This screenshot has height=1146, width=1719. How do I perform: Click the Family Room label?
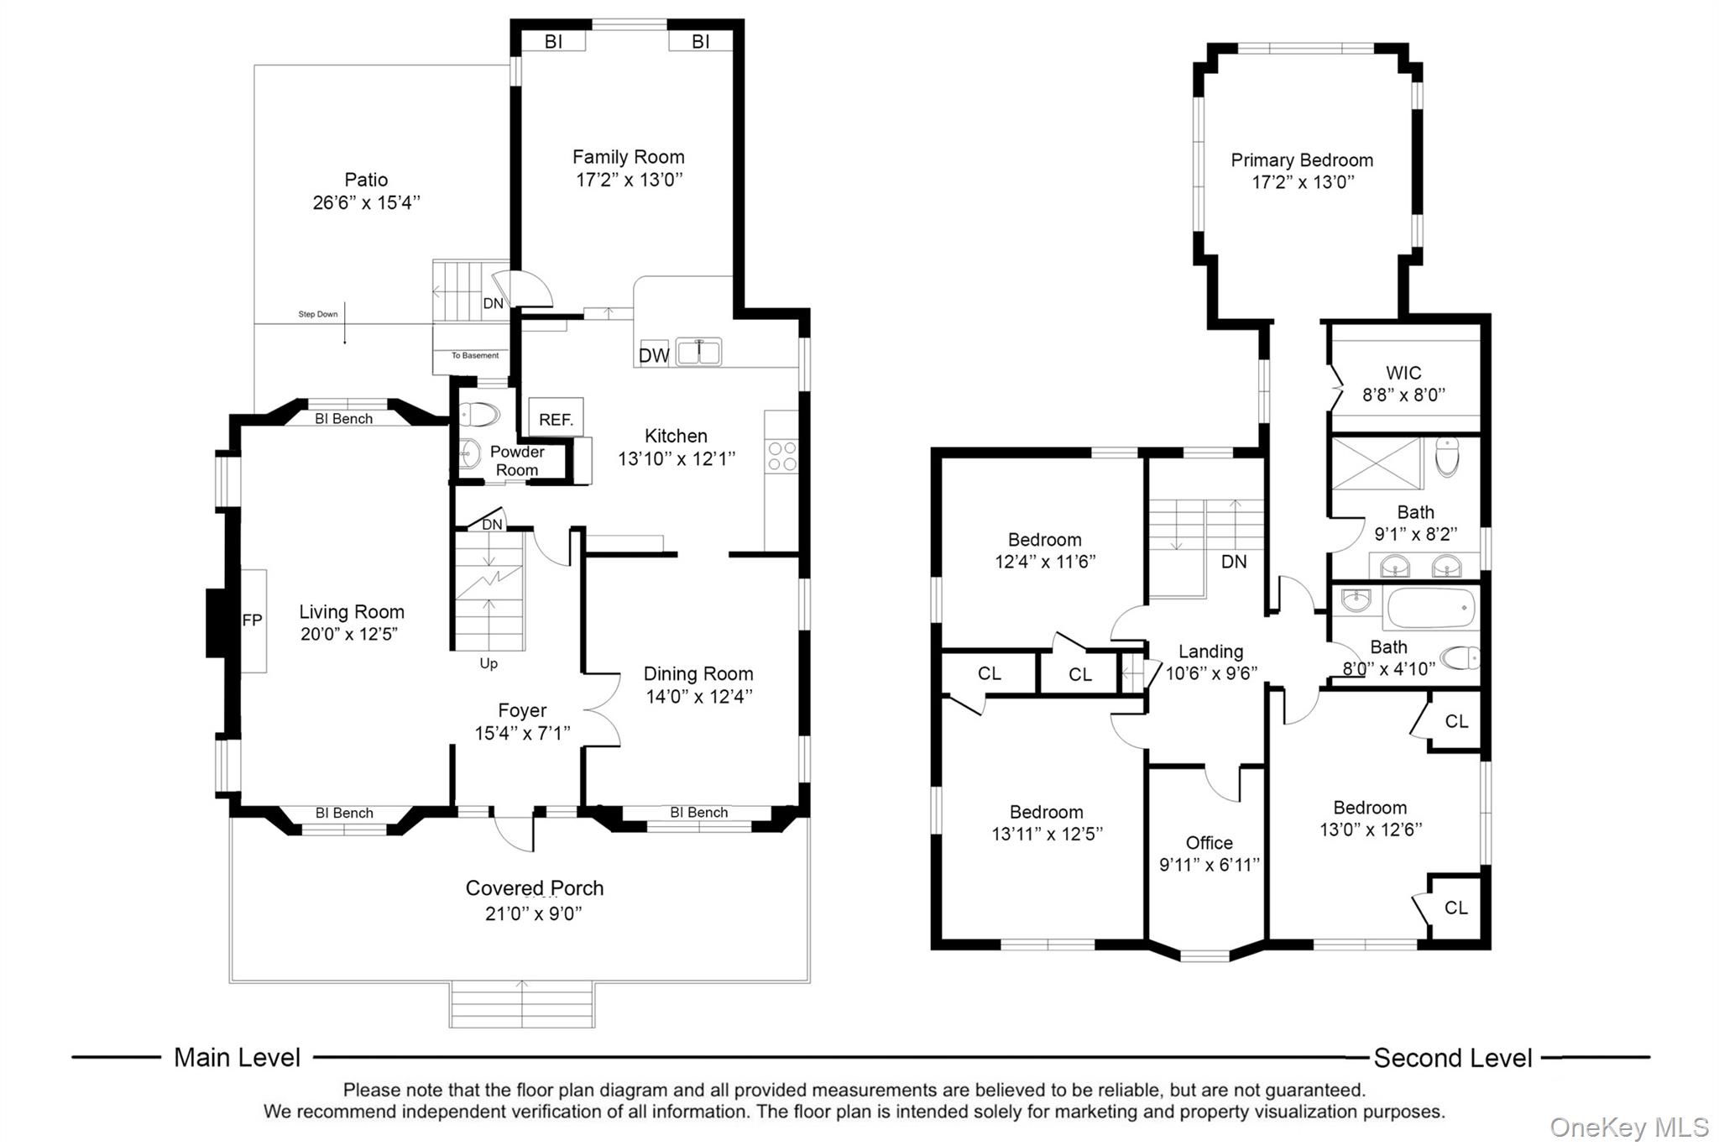pyautogui.click(x=629, y=157)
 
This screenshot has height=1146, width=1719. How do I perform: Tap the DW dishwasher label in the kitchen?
pyautogui.click(x=654, y=355)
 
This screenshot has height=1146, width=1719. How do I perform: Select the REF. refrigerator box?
pyautogui.click(x=556, y=417)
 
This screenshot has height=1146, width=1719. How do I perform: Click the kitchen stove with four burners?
pyautogui.click(x=782, y=457)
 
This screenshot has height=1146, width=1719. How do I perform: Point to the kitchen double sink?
pyautogui.click(x=699, y=352)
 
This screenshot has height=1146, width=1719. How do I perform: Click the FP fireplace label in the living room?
pyautogui.click(x=253, y=620)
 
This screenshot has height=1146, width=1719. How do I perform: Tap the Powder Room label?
pyautogui.click(x=517, y=461)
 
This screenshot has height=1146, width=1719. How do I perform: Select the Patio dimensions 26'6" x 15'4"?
pyautogui.click(x=366, y=202)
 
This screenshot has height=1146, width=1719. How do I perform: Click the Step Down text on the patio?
pyautogui.click(x=318, y=315)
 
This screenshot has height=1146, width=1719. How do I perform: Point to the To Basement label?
pyautogui.click(x=475, y=355)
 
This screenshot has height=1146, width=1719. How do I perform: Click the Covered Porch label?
pyautogui.click(x=535, y=888)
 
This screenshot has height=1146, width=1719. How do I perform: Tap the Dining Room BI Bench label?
pyautogui.click(x=699, y=813)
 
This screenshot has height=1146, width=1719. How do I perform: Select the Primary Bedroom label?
pyautogui.click(x=1302, y=160)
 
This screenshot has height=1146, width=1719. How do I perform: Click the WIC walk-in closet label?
pyautogui.click(x=1403, y=373)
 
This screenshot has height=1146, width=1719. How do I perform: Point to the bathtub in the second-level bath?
pyautogui.click(x=1431, y=609)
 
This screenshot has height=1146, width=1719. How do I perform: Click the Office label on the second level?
pyautogui.click(x=1210, y=843)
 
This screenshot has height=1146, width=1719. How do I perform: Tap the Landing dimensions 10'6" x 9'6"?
pyautogui.click(x=1211, y=672)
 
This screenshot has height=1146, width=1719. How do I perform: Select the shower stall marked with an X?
pyautogui.click(x=1377, y=463)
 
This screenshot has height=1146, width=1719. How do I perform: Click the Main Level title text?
pyautogui.click(x=237, y=1057)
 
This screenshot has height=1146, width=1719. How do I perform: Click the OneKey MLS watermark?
pyautogui.click(x=1628, y=1128)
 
